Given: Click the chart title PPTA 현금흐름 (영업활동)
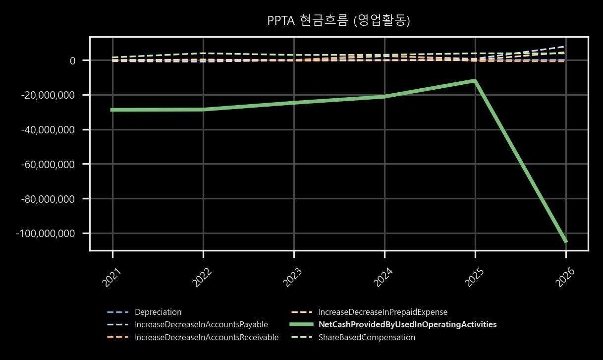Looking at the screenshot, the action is (x=338, y=21).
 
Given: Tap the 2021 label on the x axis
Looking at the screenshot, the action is (x=111, y=278).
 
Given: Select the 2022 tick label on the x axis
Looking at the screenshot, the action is (x=202, y=278).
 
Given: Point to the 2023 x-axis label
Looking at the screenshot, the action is (x=293, y=278).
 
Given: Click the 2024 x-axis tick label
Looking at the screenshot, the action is (x=384, y=278).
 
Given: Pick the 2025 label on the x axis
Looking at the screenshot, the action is (x=474, y=278).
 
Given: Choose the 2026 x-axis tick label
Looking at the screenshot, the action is (x=565, y=278).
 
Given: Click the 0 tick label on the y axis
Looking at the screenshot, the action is (x=72, y=60).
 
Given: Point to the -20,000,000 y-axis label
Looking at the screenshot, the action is (x=48, y=95).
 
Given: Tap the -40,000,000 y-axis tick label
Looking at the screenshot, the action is (x=48, y=130).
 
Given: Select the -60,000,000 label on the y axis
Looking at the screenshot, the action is (x=48, y=164).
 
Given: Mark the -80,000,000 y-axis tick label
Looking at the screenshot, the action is (x=48, y=199).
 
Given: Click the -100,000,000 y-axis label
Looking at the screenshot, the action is (x=45, y=234).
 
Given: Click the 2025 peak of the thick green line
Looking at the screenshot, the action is (x=475, y=80).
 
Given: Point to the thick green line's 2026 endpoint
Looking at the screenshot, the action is (x=566, y=242).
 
